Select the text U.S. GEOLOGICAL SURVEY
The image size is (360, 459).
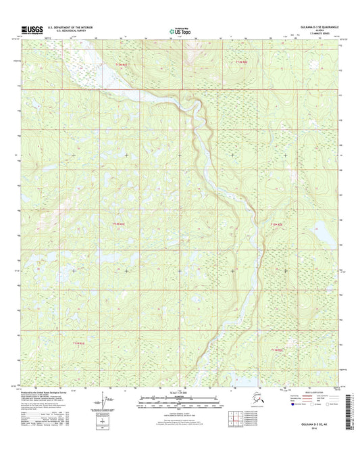pos(70,31)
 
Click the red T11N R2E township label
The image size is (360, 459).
pos(276,349)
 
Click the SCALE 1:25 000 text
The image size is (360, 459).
pos(180,393)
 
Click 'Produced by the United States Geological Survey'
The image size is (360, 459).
pos(47,391)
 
